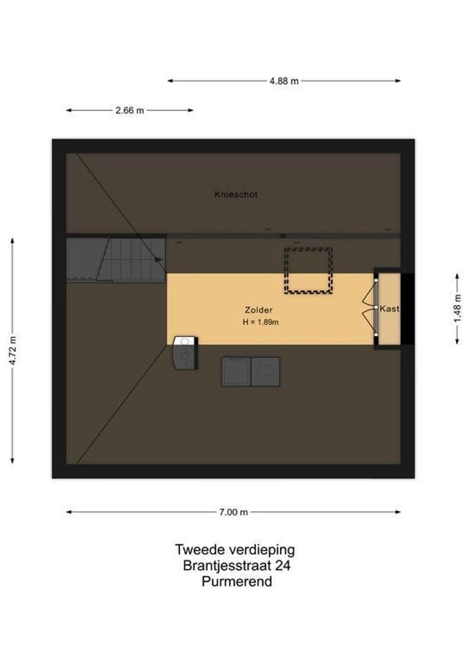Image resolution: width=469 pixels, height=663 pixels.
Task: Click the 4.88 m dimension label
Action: point(284,81)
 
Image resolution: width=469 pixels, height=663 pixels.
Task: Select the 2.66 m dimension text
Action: point(130,110)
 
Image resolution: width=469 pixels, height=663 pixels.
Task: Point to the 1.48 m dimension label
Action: point(457,308)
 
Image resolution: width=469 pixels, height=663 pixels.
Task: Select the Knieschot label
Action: point(236,195)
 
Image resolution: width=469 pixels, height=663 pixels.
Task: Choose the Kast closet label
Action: point(389,309)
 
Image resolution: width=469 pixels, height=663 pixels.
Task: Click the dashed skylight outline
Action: point(308,270)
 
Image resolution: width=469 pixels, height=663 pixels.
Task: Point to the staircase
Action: point(129,259)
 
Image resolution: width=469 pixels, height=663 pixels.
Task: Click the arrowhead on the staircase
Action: point(160,260)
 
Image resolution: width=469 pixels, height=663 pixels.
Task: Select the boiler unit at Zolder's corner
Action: point(185,353)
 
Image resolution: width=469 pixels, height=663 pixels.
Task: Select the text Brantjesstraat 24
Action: point(236,565)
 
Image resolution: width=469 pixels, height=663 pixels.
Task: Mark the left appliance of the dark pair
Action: point(236,371)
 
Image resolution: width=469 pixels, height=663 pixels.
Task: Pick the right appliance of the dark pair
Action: point(266,371)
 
